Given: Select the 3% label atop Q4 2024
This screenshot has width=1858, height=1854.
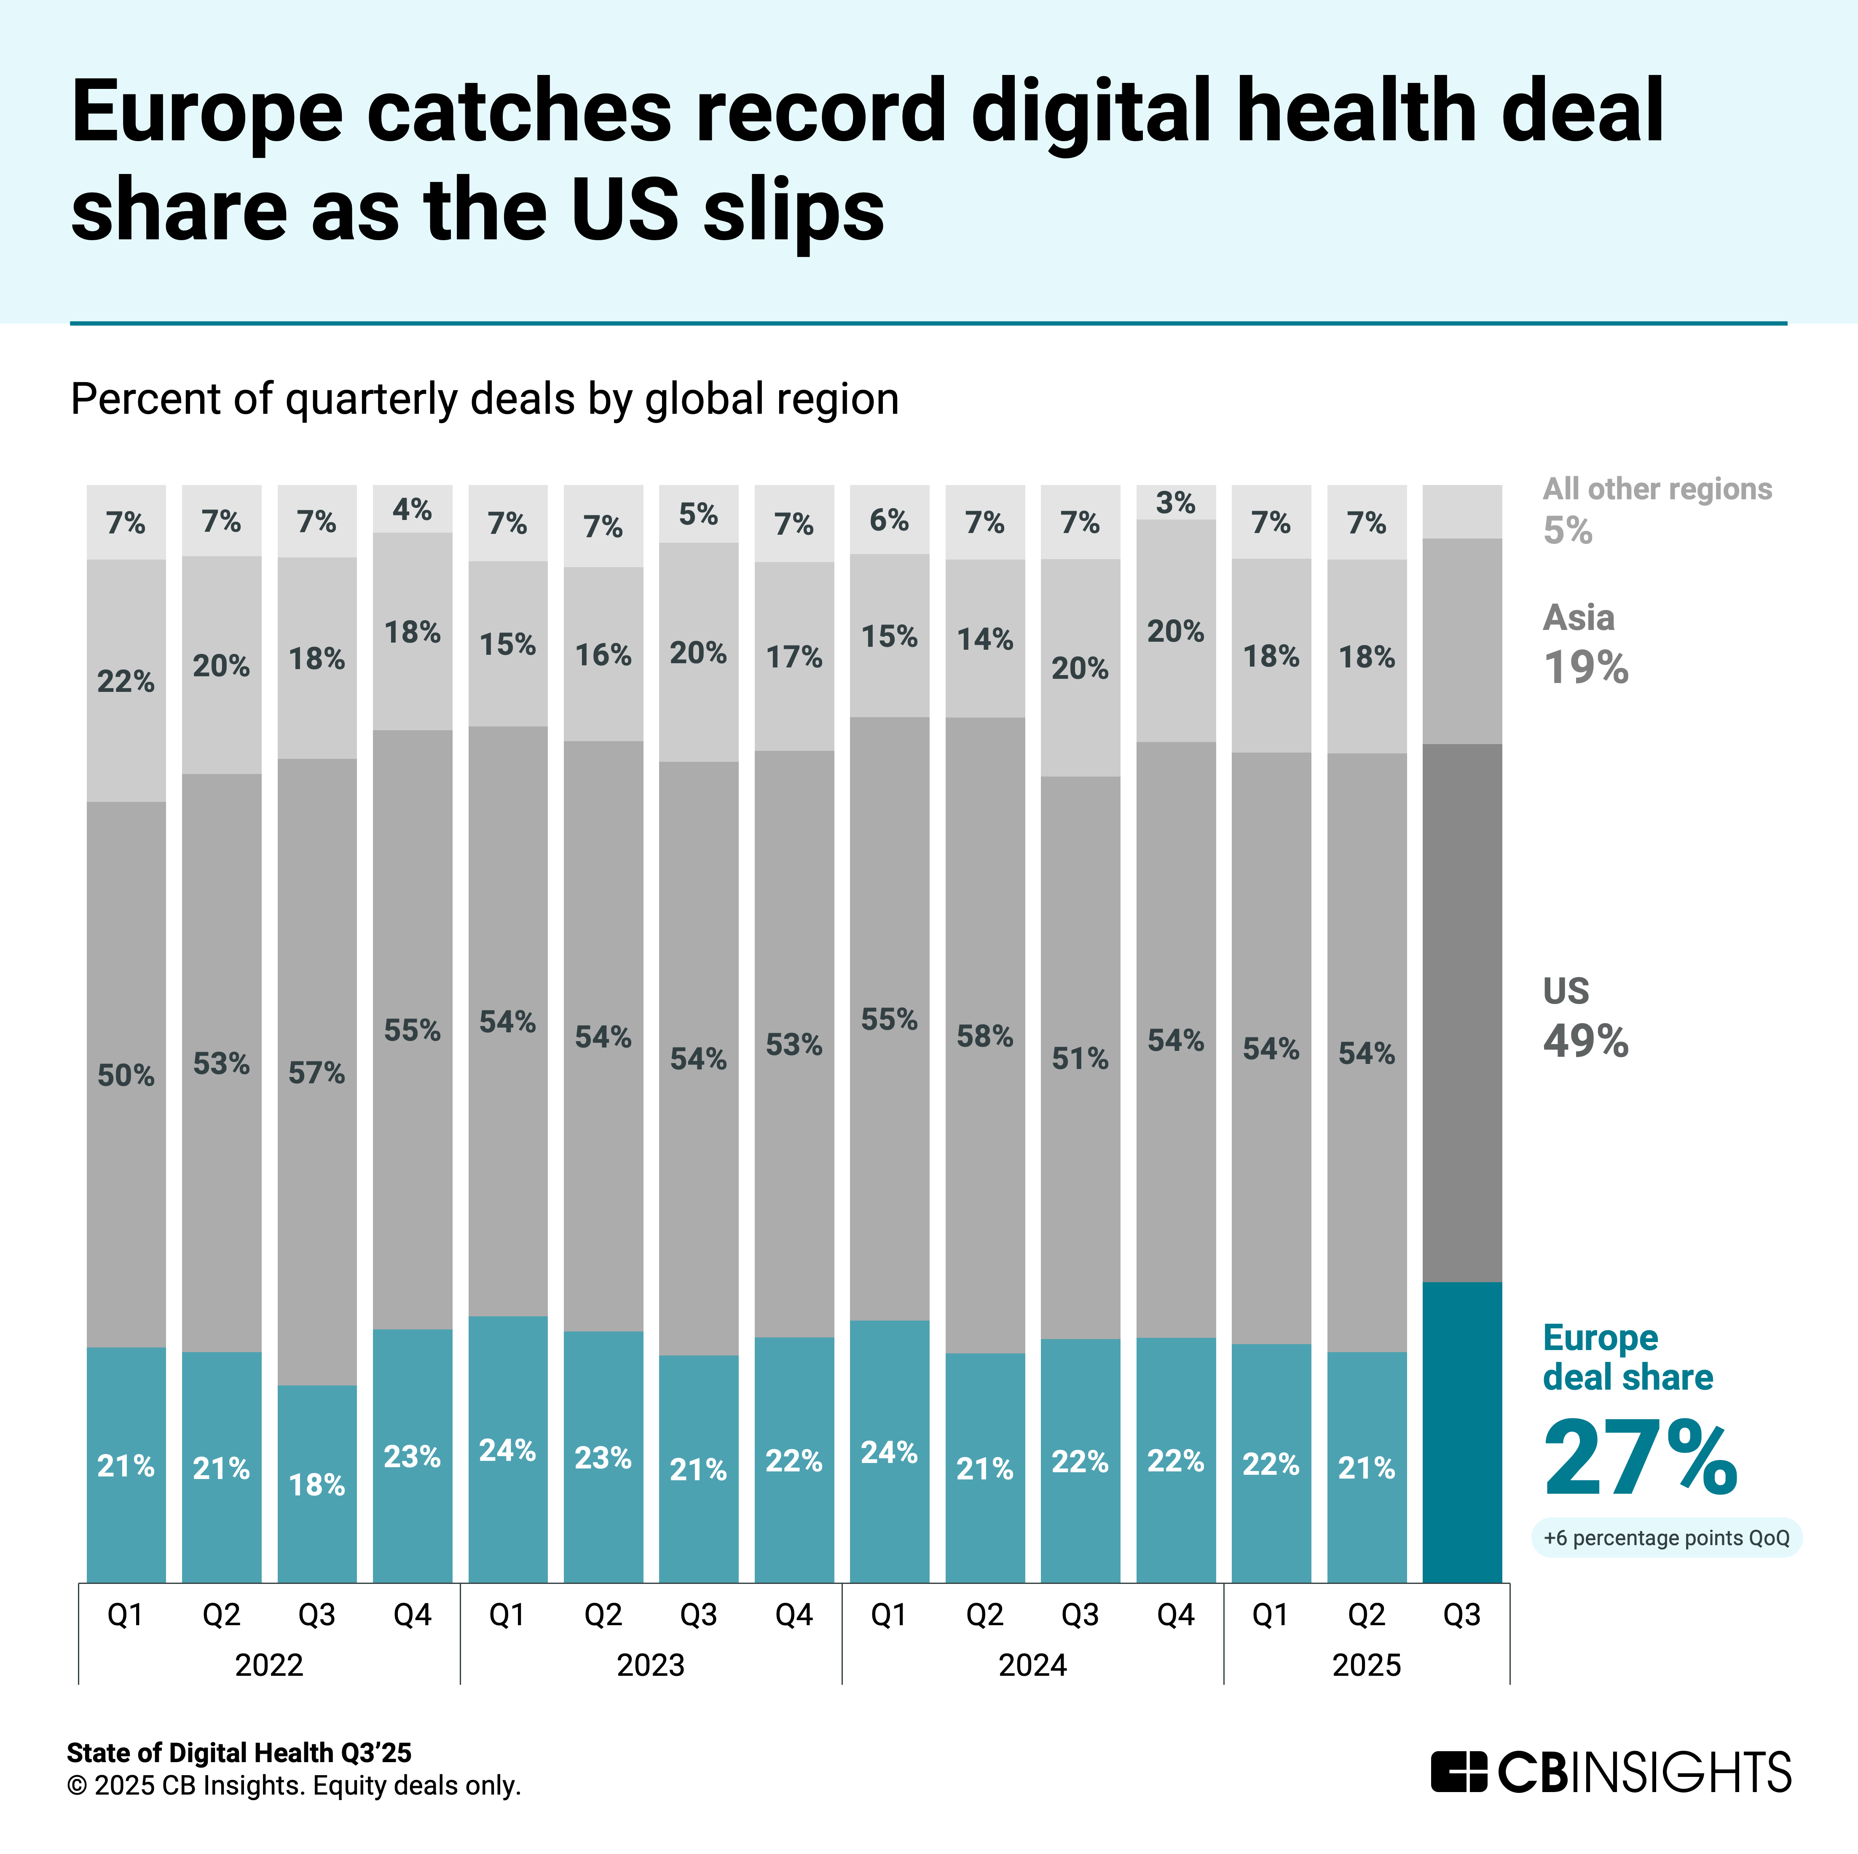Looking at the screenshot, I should point(1175,503).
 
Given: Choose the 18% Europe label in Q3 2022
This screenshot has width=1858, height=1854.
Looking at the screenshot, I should point(316,1485).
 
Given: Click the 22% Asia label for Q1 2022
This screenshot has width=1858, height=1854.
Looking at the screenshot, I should point(126,682).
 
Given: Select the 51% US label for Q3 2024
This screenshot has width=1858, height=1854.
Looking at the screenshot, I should point(1080,1059).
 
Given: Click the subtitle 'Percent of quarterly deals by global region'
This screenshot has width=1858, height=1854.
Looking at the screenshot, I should point(485,399).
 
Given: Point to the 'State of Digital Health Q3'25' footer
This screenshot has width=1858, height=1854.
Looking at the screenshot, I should point(239,1753).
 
